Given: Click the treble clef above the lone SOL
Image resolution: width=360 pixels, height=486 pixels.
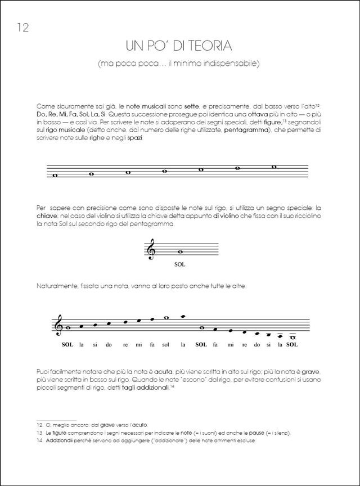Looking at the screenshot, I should pyautogui.click(x=151, y=249).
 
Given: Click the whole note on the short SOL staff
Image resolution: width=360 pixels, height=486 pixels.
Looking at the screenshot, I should pyautogui.click(x=180, y=251).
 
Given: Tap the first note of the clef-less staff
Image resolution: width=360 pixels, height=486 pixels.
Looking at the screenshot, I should pyautogui.click(x=55, y=175).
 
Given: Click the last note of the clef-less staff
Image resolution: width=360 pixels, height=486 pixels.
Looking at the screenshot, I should pyautogui.click(x=274, y=166).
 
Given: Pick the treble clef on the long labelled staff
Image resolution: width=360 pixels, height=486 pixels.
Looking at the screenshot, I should pyautogui.click(x=58, y=325).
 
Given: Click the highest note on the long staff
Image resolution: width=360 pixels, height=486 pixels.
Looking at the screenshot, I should pyautogui.click(x=183, y=316).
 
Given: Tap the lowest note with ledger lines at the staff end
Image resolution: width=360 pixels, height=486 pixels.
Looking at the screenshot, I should pyautogui.click(x=292, y=337).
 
